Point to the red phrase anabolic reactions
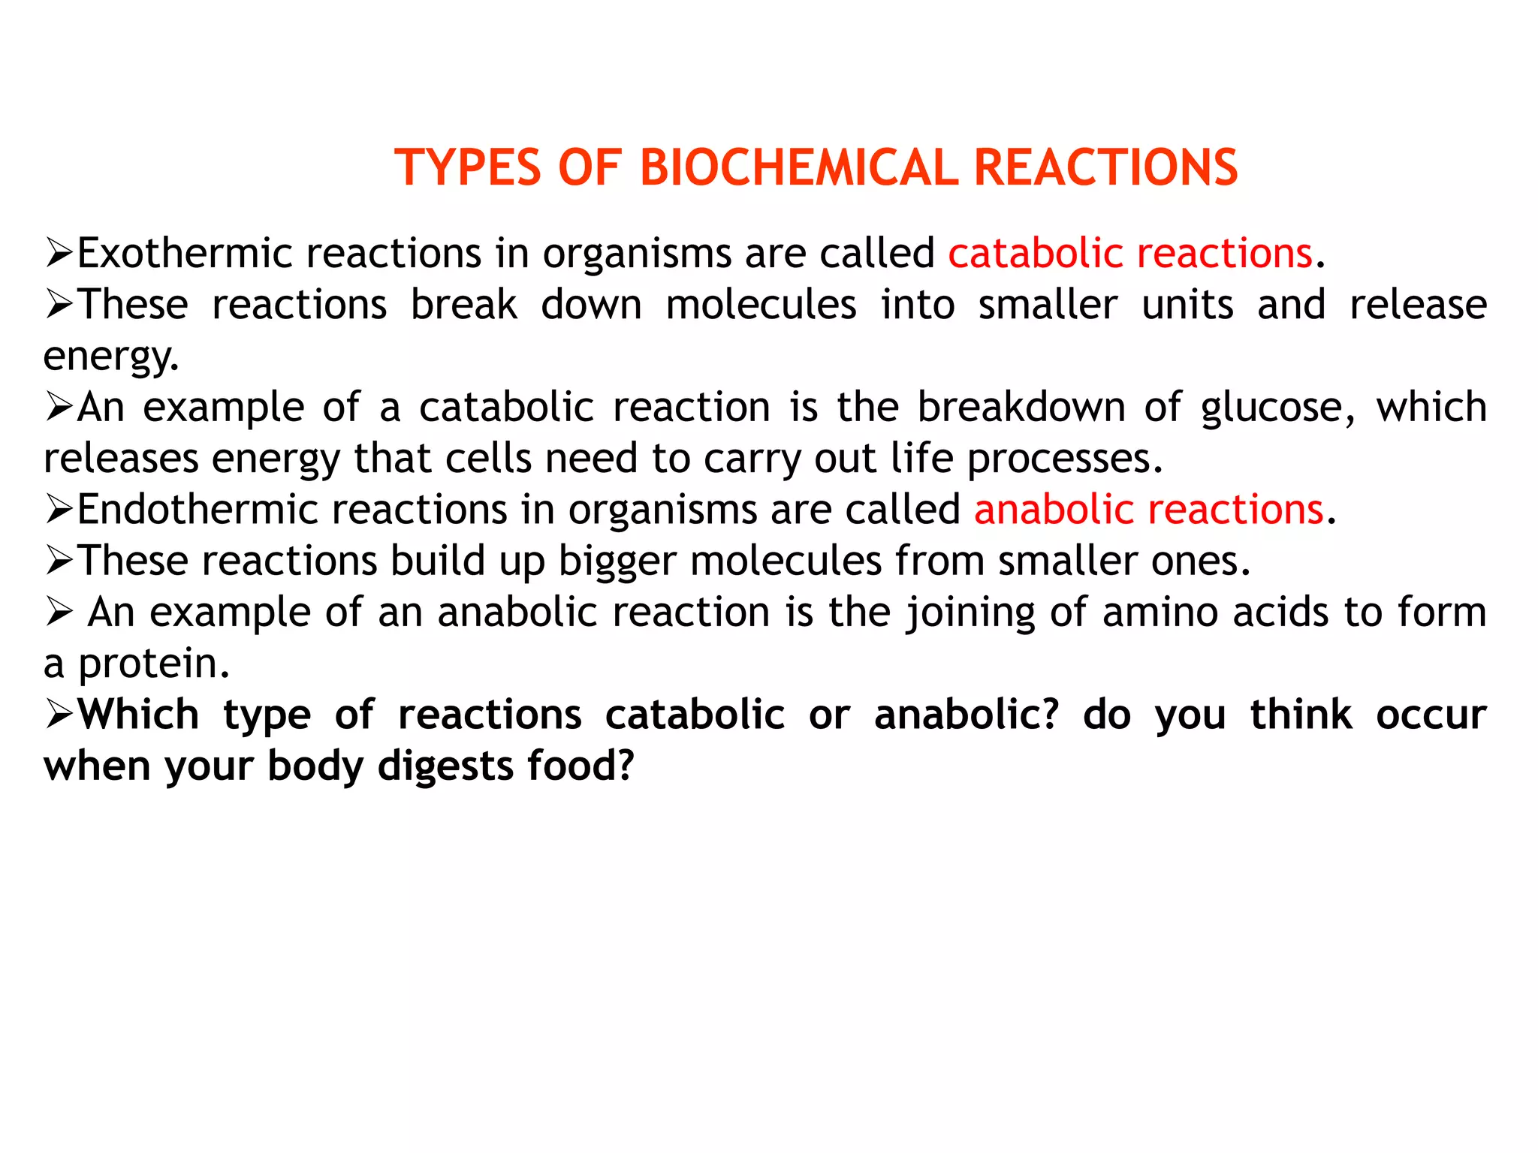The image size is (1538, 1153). pos(1148,510)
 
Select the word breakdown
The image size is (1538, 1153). pos(1021,408)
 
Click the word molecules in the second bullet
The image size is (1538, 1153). pos(761,305)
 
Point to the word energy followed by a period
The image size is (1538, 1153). pos(110,357)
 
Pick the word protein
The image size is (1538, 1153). pos(153,664)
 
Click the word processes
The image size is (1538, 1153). pos(1064,459)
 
